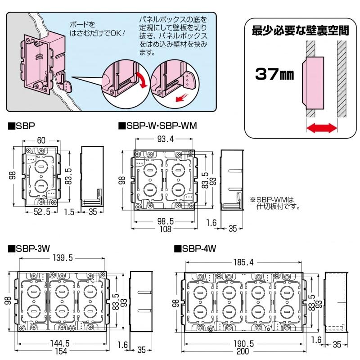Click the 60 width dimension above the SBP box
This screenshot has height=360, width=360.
point(41,141)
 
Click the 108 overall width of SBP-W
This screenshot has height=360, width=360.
point(166,229)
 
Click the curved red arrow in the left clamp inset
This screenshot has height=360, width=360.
point(142,81)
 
